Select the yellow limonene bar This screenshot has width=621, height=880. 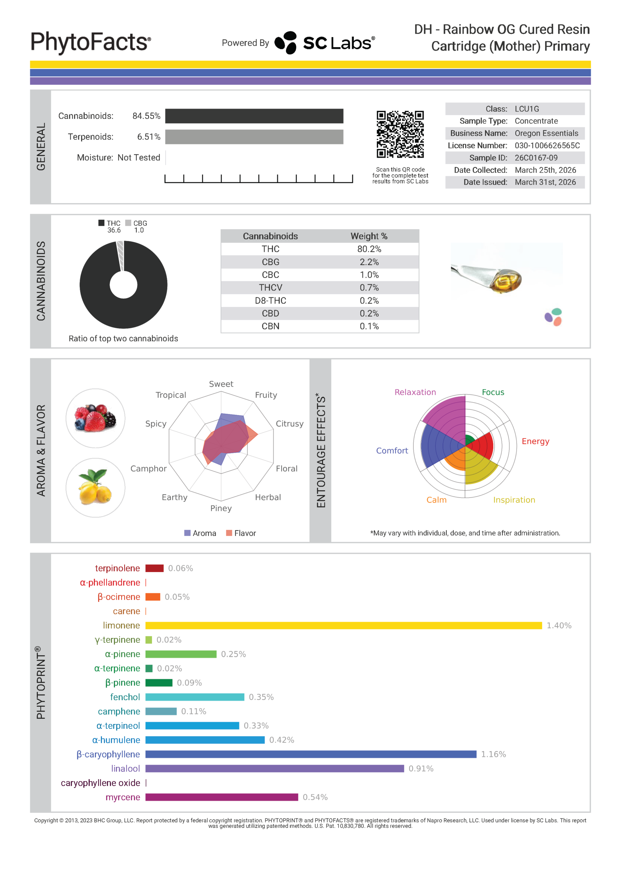(x=343, y=626)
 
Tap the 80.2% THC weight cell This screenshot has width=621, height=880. (x=369, y=249)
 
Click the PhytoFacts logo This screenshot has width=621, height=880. (x=91, y=42)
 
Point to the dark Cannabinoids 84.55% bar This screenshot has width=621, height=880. (x=254, y=116)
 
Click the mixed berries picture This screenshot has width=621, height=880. (x=95, y=418)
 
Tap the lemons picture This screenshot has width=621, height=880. (x=95, y=487)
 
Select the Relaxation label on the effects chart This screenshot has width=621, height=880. (x=415, y=392)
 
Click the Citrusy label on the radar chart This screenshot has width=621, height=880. (x=289, y=423)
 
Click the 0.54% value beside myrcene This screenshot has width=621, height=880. (x=315, y=797)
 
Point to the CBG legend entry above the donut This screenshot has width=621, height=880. (x=136, y=223)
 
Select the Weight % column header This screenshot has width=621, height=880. (x=369, y=236)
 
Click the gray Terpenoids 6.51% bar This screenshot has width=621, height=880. (x=254, y=137)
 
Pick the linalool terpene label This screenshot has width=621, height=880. (x=125, y=769)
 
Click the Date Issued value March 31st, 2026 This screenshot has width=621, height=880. (x=545, y=182)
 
